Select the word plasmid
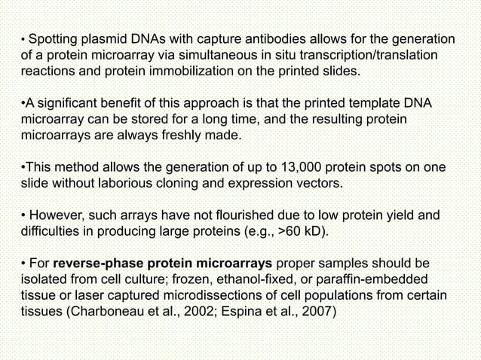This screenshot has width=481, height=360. (110, 39)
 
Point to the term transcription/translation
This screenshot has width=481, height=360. (357, 56)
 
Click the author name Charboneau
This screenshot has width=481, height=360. (97, 315)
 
